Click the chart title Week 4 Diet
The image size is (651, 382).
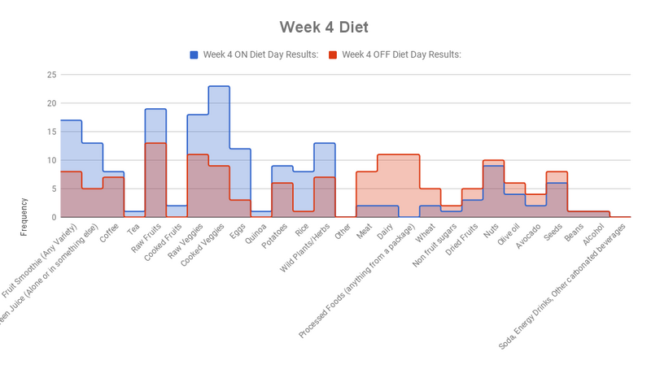pos(324,28)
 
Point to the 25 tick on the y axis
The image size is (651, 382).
pos(51,75)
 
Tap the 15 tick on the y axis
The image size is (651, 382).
pos(51,132)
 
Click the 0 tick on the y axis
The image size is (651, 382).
pos(54,217)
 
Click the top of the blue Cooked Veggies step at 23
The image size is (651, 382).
pos(219,86)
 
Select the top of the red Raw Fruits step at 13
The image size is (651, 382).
pos(155,143)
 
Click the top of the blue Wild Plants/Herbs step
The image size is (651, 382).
pos(325,143)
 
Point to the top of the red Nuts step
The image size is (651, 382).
pos(494,160)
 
